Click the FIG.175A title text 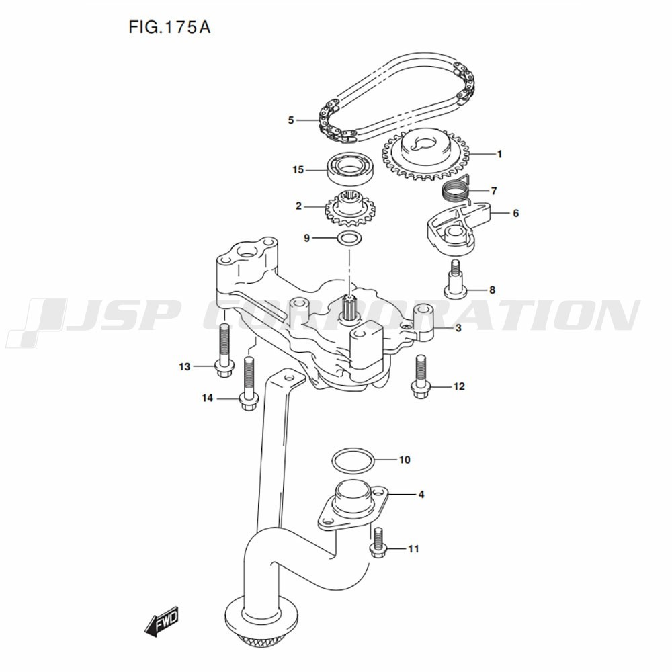[x=169, y=28]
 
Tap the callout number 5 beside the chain [x=291, y=120]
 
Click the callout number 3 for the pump [x=458, y=329]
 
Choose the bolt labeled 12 [x=421, y=377]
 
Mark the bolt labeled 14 [x=249, y=383]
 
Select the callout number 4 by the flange [x=421, y=495]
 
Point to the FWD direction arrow [x=161, y=621]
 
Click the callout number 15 [x=298, y=170]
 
